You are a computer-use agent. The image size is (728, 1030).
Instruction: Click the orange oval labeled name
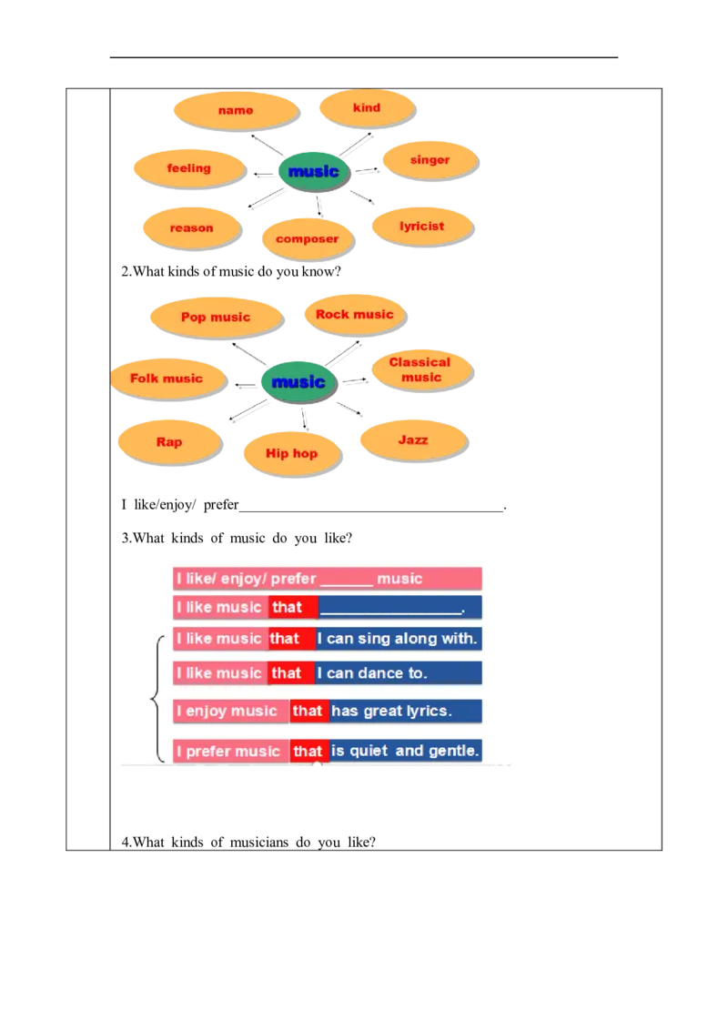coord(237,110)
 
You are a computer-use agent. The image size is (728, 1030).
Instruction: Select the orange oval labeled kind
coord(367,107)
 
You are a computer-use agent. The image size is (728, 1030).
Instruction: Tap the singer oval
coord(430,159)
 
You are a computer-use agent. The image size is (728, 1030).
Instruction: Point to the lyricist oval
coord(422,227)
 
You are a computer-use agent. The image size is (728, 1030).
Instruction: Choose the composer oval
coord(308,238)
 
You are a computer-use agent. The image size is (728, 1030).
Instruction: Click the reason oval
coord(192,228)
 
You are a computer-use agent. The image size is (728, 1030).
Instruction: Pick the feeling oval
coord(190,168)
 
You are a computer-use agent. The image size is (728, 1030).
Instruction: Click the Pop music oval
coord(217,318)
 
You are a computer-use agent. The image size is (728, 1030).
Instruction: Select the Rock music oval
coord(355,315)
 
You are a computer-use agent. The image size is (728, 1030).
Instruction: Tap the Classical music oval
coord(422,369)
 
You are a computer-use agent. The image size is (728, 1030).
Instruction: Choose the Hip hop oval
coord(292,453)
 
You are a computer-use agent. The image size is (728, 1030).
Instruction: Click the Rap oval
coord(169,442)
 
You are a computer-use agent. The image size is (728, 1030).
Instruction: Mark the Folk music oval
coord(168,379)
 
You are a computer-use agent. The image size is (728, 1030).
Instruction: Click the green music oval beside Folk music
coord(299,381)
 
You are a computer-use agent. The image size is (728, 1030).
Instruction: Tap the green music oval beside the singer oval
coord(314,171)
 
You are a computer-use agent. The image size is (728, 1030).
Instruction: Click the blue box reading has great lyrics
coord(405,711)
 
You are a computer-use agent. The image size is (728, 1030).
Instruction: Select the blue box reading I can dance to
coord(399,672)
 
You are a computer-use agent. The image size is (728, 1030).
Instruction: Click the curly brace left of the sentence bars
coord(157,698)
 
